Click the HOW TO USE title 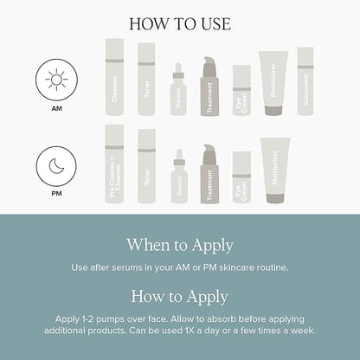[x=180, y=22]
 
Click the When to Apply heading [x=180, y=245]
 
